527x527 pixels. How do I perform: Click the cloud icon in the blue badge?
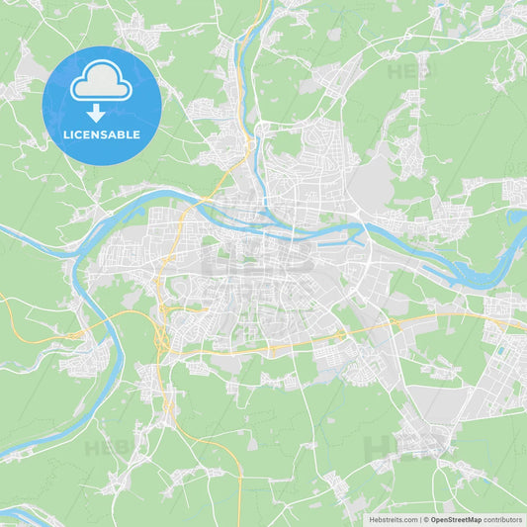pyautogui.click(x=102, y=84)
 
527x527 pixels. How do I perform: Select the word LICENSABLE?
pyautogui.click(x=102, y=134)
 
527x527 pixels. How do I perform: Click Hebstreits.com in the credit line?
pyautogui.click(x=389, y=519)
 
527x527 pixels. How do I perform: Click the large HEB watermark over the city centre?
pyautogui.click(x=259, y=259)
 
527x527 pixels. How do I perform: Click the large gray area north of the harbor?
pyautogui.click(x=373, y=183)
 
